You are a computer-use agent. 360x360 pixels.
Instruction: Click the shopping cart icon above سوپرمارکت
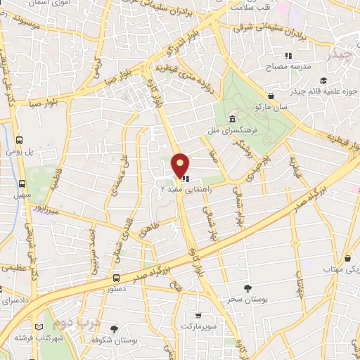pyautogui.click(x=199, y=315)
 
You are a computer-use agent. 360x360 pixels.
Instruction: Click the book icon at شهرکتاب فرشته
pyautogui.click(x=39, y=327)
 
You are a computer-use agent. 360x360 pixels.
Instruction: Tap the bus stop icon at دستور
pyautogui.click(x=116, y=278)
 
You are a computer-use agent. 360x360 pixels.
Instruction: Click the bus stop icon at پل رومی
pyautogui.click(x=21, y=140)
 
